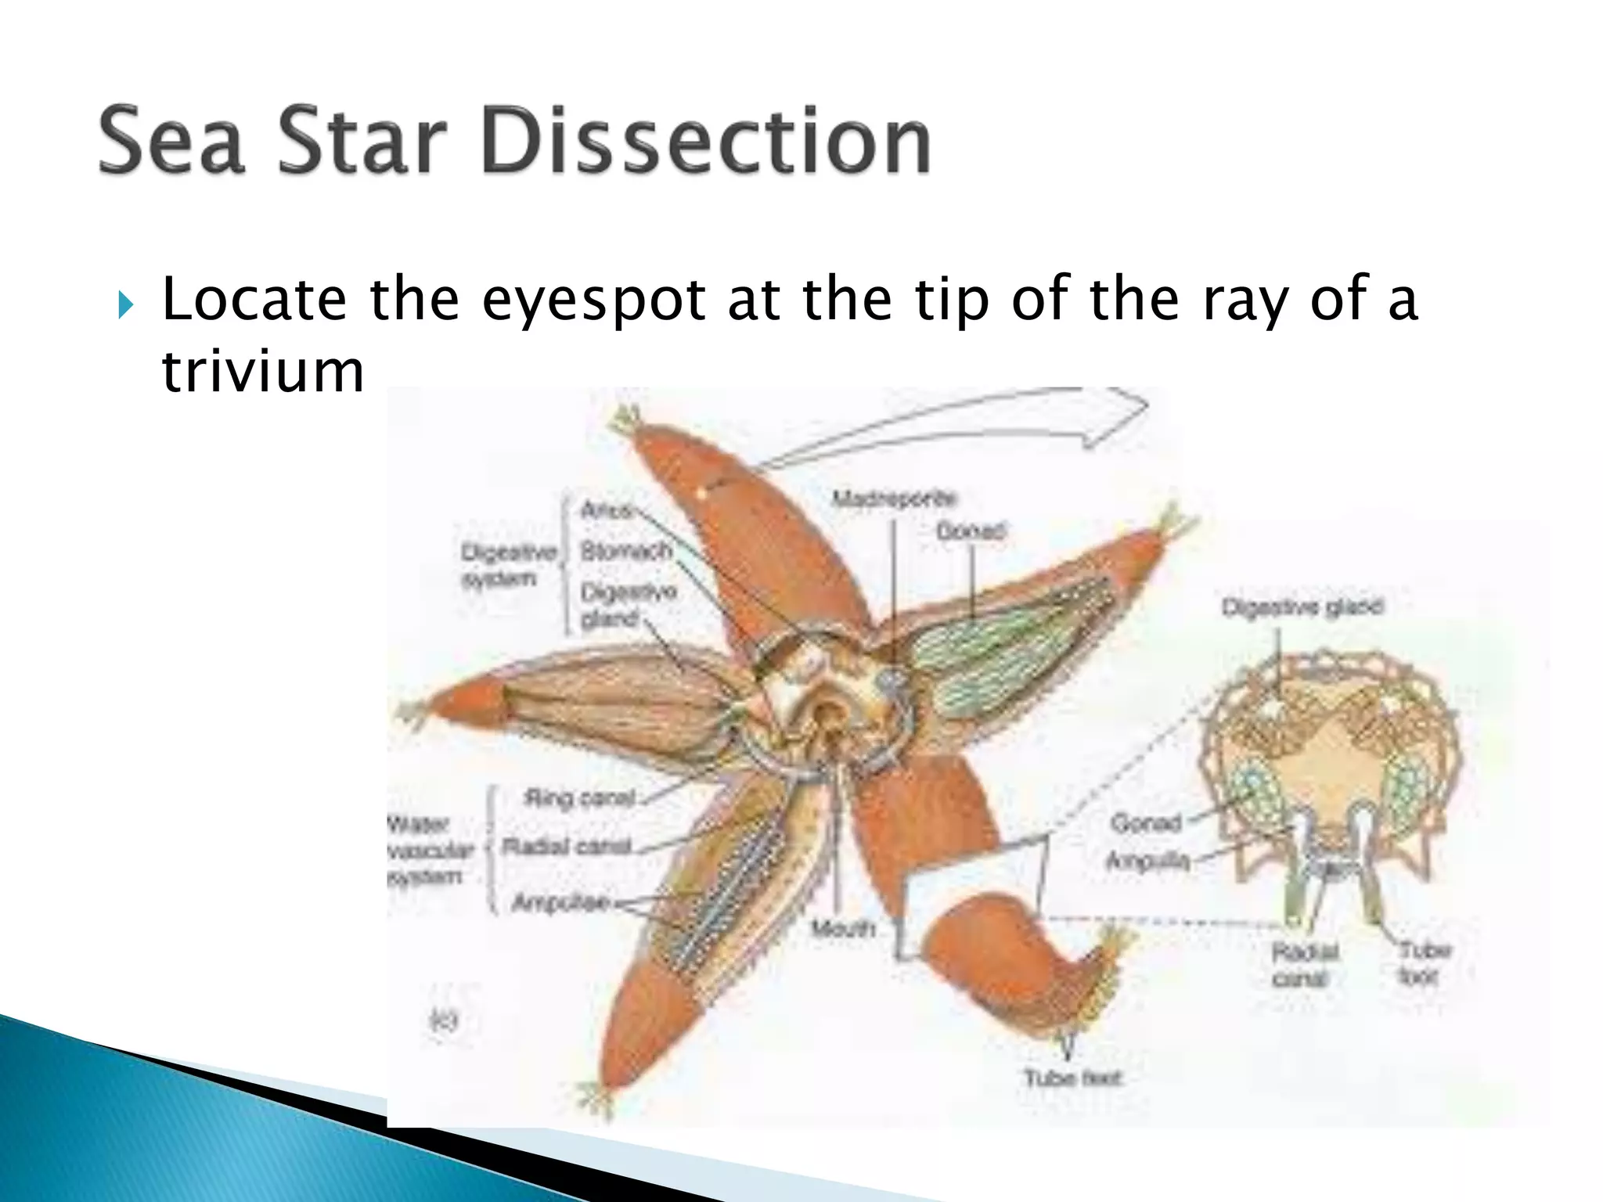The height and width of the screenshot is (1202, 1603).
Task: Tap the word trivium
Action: pyautogui.click(x=263, y=371)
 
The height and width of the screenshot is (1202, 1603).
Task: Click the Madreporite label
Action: pyautogui.click(x=893, y=498)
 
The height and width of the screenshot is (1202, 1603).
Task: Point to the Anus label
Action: pyautogui.click(x=605, y=510)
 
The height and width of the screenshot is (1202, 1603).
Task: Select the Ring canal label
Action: pyautogui.click(x=579, y=798)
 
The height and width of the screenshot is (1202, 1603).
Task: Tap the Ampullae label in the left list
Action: pyautogui.click(x=560, y=902)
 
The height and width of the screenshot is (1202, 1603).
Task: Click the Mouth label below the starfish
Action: pyautogui.click(x=842, y=929)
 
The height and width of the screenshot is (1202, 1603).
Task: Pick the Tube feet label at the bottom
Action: pyautogui.click(x=1072, y=1078)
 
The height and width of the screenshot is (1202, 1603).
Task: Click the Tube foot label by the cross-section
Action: pyautogui.click(x=1424, y=963)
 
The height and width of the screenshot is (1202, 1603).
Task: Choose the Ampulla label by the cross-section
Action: pyautogui.click(x=1147, y=862)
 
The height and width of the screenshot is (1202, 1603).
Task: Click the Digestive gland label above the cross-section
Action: pyautogui.click(x=1302, y=606)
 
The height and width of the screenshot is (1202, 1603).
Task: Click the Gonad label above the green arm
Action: pyautogui.click(x=970, y=531)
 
